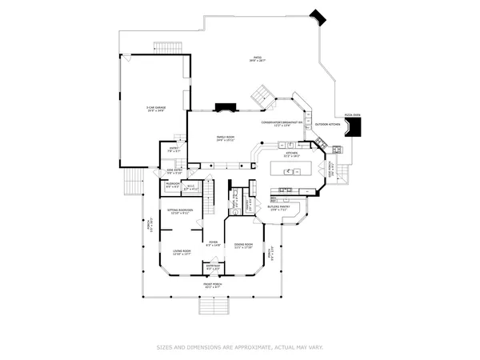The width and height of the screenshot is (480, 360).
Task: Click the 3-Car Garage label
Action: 156,108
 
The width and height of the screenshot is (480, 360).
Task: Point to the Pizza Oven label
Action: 352,115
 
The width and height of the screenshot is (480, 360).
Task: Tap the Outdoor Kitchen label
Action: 328,125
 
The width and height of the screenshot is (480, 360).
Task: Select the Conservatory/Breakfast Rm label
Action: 282,123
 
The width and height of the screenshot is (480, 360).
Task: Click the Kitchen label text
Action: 294,154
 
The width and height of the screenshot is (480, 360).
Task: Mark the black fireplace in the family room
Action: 226,106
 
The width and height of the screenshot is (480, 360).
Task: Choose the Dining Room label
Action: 243,246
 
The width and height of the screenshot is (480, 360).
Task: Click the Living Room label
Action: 182,252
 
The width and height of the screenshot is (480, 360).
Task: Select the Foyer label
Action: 213,243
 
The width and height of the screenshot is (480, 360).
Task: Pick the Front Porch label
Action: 213,286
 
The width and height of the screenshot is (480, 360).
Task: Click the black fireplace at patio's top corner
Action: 318,16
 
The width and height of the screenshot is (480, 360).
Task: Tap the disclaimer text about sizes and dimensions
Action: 240,348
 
